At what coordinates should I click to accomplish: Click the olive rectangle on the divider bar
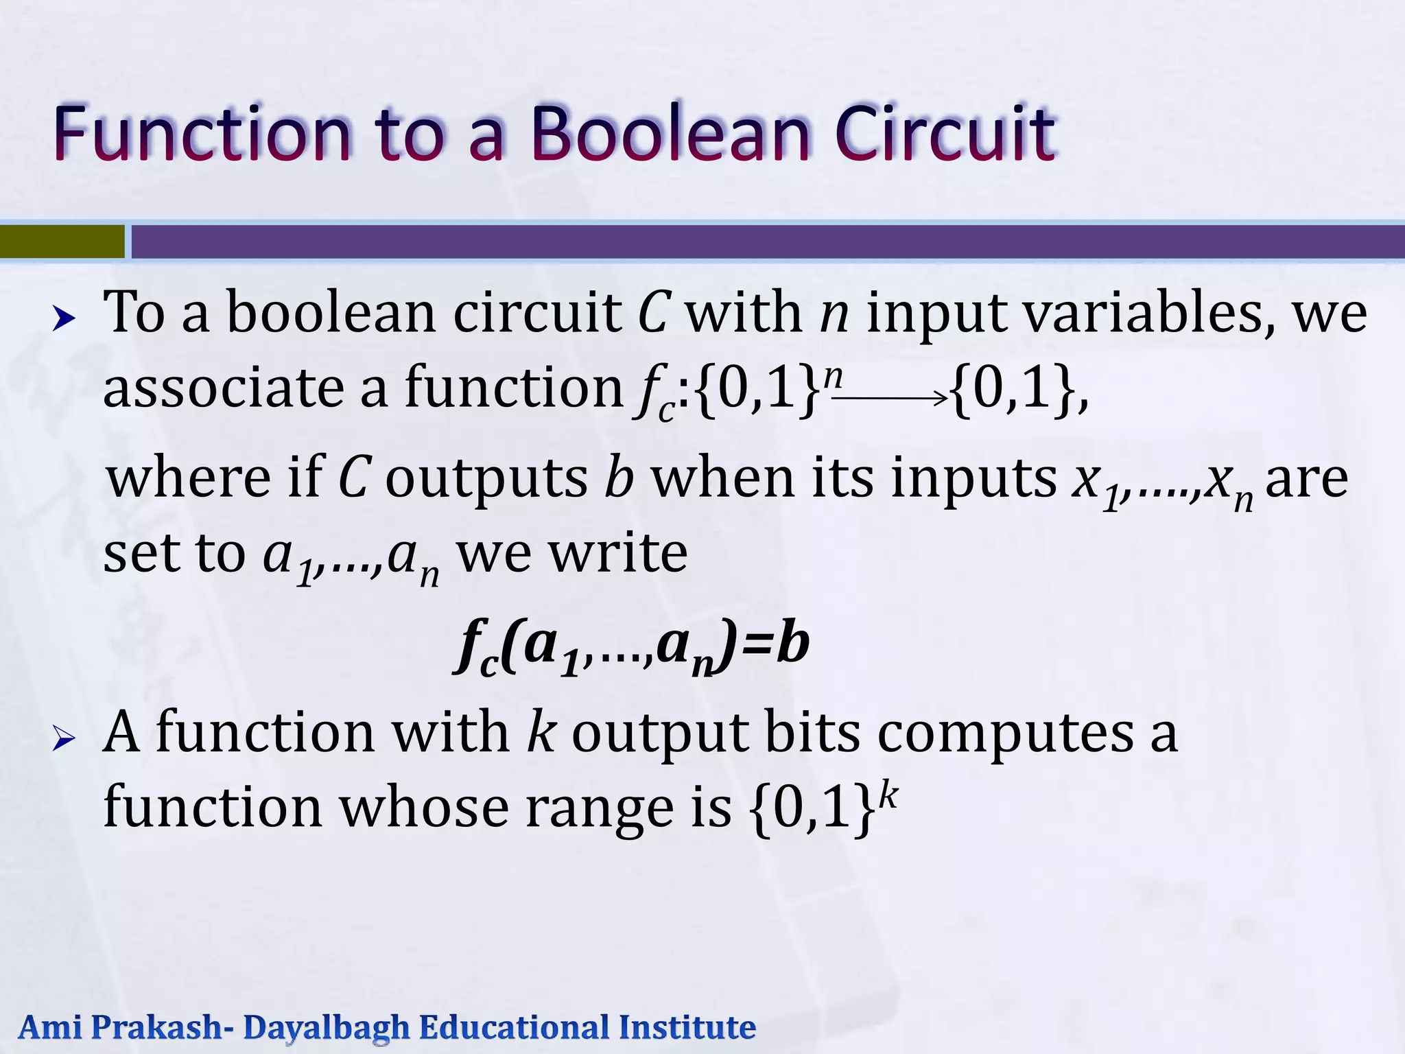tap(62, 242)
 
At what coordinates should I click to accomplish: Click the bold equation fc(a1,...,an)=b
tap(631, 647)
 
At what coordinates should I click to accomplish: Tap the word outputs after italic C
tap(486, 479)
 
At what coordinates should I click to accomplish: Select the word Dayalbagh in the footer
tap(326, 1028)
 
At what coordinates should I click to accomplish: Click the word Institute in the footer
tap(687, 1028)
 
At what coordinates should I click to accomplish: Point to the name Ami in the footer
tap(49, 1028)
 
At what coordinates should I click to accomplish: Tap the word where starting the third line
tap(189, 479)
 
